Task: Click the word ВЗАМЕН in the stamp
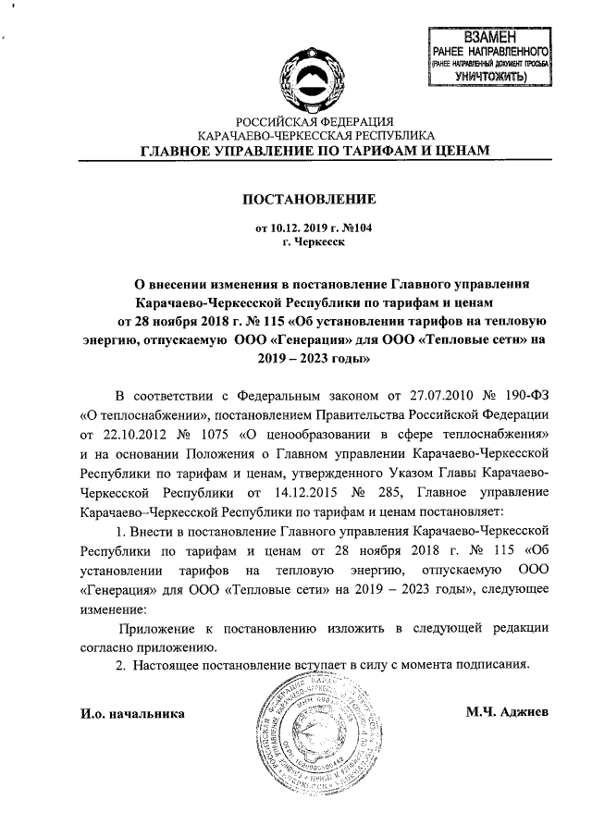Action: (x=490, y=38)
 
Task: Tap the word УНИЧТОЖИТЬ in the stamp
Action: (x=491, y=77)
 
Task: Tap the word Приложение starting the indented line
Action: (x=155, y=628)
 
